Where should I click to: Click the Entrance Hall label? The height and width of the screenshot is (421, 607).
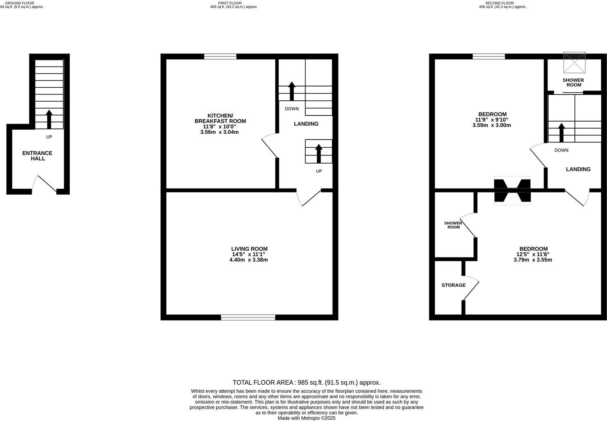[x=37, y=156]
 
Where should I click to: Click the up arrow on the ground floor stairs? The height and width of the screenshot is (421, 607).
[x=49, y=119]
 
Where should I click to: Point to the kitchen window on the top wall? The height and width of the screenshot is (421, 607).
[x=220, y=57]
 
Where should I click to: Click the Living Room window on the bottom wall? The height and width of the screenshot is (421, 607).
[x=248, y=317]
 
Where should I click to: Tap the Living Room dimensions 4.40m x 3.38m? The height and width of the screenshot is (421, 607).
[x=249, y=260]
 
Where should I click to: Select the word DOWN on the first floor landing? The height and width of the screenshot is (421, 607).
[x=292, y=109]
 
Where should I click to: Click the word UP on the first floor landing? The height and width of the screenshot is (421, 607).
[x=319, y=171]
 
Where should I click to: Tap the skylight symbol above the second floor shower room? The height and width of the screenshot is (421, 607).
[x=574, y=62]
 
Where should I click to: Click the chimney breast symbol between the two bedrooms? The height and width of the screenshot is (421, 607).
[x=512, y=190]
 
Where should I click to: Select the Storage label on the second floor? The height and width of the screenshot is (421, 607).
[x=453, y=285]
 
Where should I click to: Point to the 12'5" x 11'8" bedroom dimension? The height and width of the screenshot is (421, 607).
[x=533, y=254]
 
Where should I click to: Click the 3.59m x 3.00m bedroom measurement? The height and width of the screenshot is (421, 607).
[x=492, y=125]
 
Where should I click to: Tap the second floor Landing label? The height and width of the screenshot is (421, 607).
[x=578, y=169]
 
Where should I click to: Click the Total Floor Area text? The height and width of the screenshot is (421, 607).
[x=306, y=383]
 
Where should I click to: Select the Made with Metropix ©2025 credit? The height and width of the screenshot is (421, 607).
[x=306, y=418]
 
